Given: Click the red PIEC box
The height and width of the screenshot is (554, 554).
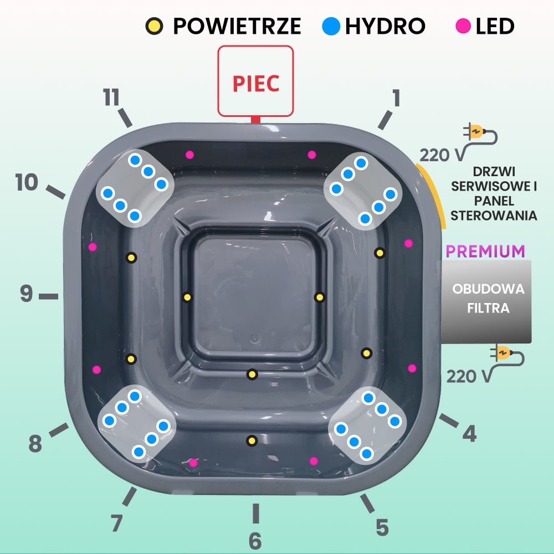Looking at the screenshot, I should pyautogui.click(x=255, y=81).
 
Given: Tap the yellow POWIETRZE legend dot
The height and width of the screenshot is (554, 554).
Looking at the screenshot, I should pyautogui.click(x=155, y=25).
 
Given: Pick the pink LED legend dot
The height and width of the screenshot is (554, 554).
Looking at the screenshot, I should pyautogui.click(x=464, y=25).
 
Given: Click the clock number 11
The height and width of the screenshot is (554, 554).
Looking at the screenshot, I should pyautogui.click(x=111, y=98).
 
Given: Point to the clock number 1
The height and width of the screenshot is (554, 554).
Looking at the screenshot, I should pyautogui.click(x=396, y=98).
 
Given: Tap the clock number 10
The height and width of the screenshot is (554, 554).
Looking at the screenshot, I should pyautogui.click(x=27, y=182).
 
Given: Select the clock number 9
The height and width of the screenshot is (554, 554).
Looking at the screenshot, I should pyautogui.click(x=27, y=294).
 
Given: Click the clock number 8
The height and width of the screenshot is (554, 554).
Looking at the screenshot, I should pyautogui.click(x=35, y=443).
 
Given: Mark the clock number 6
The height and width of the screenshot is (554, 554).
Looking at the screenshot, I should pyautogui.click(x=255, y=540).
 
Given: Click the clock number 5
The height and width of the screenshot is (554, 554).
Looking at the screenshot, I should pyautogui.click(x=382, y=527).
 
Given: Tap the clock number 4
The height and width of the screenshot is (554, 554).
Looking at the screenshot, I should pyautogui.click(x=469, y=434).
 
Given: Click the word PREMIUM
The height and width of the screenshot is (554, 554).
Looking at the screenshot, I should pyautogui.click(x=485, y=251).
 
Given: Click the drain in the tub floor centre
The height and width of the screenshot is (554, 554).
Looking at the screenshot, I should pyautogui.click(x=254, y=337).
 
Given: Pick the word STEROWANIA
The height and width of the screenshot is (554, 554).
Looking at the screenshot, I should pyautogui.click(x=494, y=216).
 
